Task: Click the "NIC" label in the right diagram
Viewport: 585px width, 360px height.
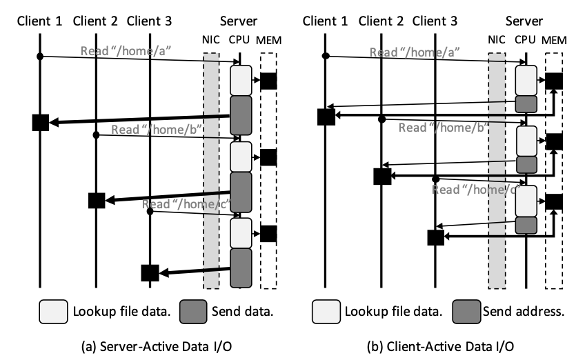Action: point(495,40)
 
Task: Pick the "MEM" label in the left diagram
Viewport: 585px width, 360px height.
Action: point(268,40)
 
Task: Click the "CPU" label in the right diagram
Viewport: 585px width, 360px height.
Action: point(526,40)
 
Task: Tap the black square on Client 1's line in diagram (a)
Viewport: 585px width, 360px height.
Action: point(40,123)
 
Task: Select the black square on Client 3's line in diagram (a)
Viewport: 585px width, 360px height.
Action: point(150,272)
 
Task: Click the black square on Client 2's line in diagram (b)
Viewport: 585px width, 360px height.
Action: point(381,176)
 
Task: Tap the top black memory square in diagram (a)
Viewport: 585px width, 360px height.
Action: point(268,81)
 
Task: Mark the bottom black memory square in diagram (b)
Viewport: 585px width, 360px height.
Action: point(554,202)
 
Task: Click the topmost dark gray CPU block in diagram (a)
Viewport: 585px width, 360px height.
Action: point(241,114)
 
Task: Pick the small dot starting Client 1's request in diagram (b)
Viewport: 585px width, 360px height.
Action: point(325,55)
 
